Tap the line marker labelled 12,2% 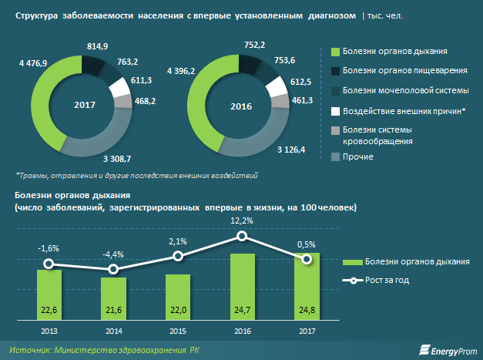click(x=243, y=237)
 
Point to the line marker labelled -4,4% click(x=114, y=269)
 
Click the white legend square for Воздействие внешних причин click(x=335, y=110)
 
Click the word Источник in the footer click(x=30, y=349)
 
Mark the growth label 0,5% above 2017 click(x=307, y=244)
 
